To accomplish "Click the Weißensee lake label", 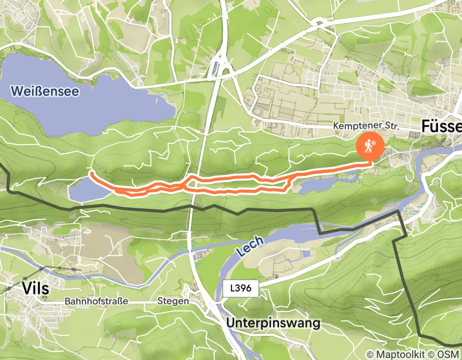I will (x=45, y=92).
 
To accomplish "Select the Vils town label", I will (x=36, y=289).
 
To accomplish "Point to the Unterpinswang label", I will (x=273, y=323).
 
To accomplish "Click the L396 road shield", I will (x=241, y=289).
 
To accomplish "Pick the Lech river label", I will (x=251, y=246).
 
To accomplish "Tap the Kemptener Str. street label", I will (x=366, y=126).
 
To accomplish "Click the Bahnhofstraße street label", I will (x=96, y=301).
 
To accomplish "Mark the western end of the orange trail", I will (x=91, y=173).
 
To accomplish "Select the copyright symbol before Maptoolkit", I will (x=370, y=354).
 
